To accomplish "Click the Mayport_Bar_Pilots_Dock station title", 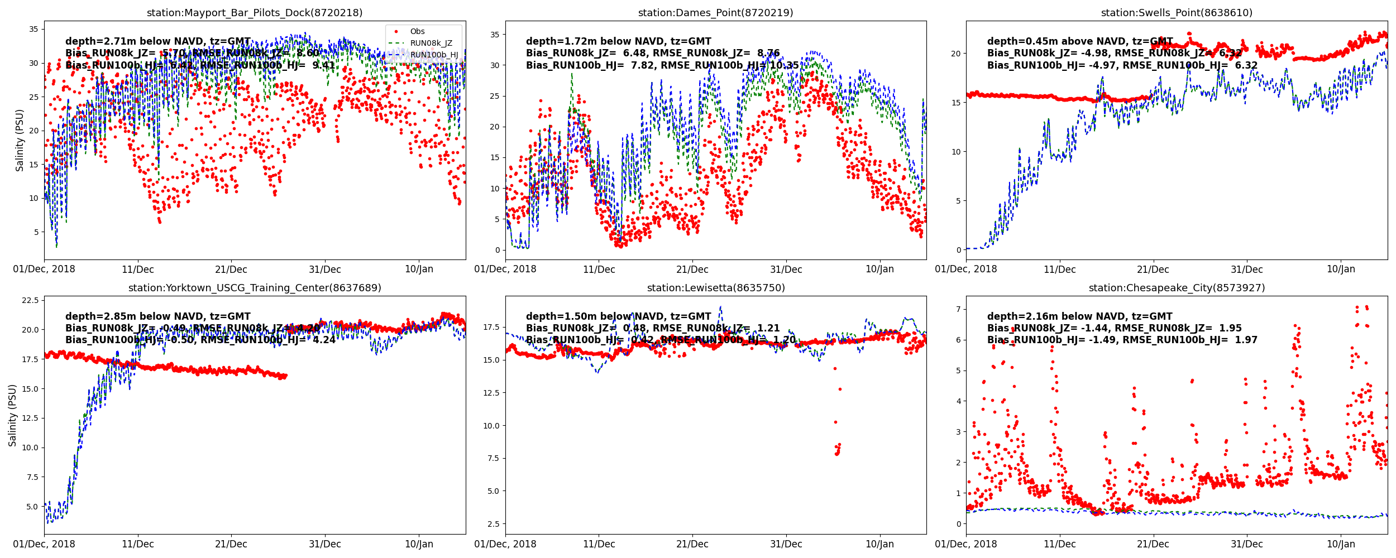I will pos(255,13).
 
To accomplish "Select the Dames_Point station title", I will pos(715,13).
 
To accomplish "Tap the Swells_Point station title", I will pos(1177,13).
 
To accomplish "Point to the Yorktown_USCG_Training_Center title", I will pos(255,288).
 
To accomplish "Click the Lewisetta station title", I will pos(715,288).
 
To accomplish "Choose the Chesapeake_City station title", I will pos(1177,288).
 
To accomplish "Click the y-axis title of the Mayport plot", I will pos(20,140).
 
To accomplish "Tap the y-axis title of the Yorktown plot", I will pos(13,415).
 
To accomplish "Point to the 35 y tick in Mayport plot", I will pos(34,29).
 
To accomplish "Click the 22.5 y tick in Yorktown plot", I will pos(30,300).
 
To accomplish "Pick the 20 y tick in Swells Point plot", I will pos(956,54).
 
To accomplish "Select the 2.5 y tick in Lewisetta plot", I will pos(493,524).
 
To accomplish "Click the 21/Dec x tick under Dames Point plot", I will pos(692,270).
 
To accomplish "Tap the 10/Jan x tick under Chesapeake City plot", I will pos(1341,544).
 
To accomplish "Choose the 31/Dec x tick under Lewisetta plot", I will pos(786,544).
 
